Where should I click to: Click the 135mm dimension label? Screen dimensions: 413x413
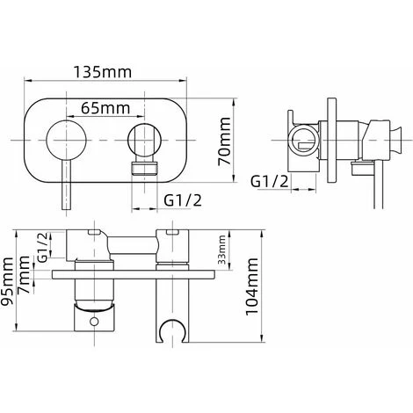coord(103,72)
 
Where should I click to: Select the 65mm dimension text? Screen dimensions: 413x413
coord(105,108)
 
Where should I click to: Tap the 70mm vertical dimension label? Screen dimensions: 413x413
coord(224,141)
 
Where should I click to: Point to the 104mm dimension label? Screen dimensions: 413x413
coord(252,286)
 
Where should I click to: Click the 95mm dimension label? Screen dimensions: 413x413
coord(7,281)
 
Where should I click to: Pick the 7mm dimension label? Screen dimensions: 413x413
coord(24,274)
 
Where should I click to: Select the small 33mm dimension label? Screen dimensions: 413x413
coord(222,250)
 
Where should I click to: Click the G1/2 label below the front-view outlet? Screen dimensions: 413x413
coord(183,200)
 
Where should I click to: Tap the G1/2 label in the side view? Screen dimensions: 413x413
coord(270,181)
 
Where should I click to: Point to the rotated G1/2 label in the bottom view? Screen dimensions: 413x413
coord(42,247)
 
